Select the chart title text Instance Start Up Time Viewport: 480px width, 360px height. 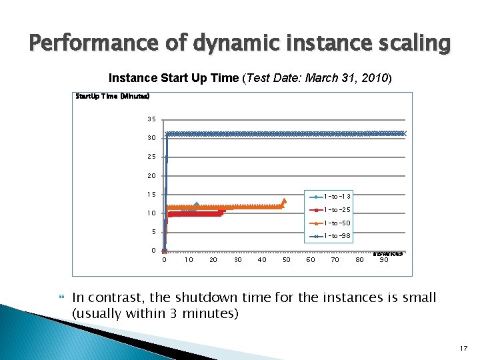click(x=173, y=78)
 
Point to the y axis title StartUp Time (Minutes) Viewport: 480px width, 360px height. click(x=107, y=96)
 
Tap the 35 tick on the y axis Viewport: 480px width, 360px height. click(x=151, y=119)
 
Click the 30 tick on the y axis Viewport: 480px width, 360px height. click(x=151, y=138)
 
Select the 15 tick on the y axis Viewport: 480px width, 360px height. click(x=151, y=195)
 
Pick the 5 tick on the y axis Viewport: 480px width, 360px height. click(x=153, y=232)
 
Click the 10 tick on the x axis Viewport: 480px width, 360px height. click(x=189, y=260)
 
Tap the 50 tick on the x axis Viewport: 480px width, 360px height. click(x=287, y=260)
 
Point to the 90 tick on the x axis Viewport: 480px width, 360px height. click(x=384, y=260)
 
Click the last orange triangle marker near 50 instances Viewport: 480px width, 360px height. click(x=285, y=201)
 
